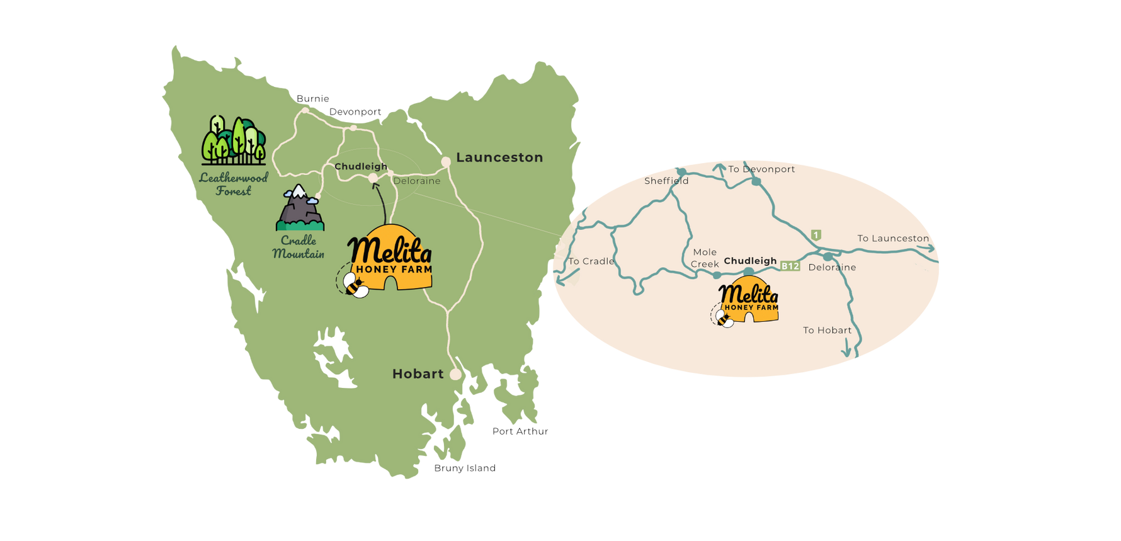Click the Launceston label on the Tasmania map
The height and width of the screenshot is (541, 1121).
tap(499, 157)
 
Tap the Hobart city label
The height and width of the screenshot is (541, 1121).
tap(418, 374)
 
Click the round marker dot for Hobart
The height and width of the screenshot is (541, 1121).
tap(455, 374)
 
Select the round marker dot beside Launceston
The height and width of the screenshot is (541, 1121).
tap(446, 162)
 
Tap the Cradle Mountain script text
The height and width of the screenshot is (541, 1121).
tap(299, 247)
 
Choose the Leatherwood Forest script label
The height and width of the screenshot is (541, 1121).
tap(234, 184)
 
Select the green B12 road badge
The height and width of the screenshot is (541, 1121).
tap(790, 266)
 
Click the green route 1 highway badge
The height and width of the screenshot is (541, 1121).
tap(816, 235)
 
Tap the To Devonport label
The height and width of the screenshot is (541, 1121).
tap(761, 169)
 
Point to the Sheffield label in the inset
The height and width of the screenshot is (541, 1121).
tap(666, 181)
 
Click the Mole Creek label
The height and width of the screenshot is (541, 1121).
tap(705, 258)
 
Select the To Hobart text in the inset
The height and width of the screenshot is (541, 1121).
tap(827, 330)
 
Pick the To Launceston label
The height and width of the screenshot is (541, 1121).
tap(893, 238)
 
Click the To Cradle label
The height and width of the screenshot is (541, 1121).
tap(591, 261)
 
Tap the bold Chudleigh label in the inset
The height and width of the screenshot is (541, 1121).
tap(750, 261)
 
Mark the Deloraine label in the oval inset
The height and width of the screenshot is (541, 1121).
tap(832, 267)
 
